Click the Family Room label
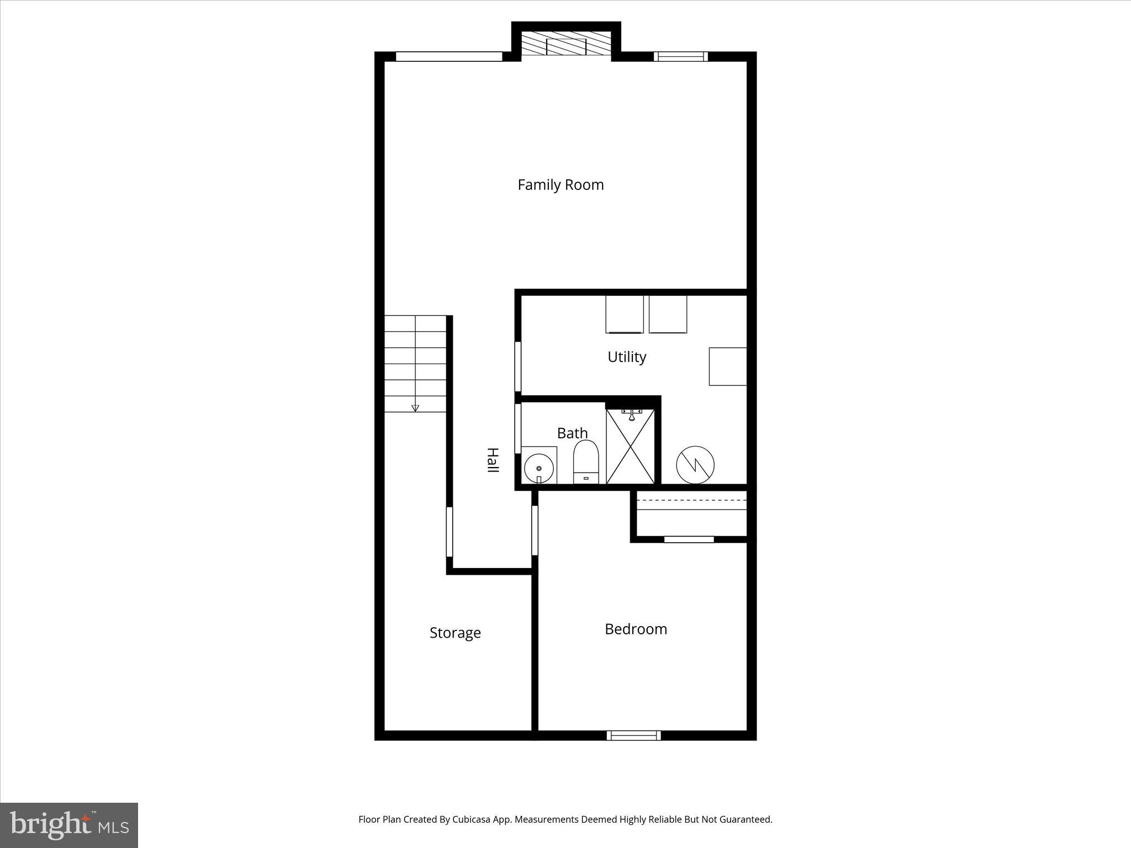pos(561,185)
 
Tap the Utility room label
pos(627,357)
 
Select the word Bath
pos(572,433)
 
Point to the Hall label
pos(492,460)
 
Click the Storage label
pos(455,633)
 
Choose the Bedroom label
pos(636,629)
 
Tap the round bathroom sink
pos(538,468)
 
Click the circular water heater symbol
pos(695,465)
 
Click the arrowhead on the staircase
pos(415,408)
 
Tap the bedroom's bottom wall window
pos(633,735)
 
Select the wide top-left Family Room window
pos(449,56)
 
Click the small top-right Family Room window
pos(680,56)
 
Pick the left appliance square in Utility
pos(624,314)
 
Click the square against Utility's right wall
pos(728,366)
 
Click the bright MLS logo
pos(69,825)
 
